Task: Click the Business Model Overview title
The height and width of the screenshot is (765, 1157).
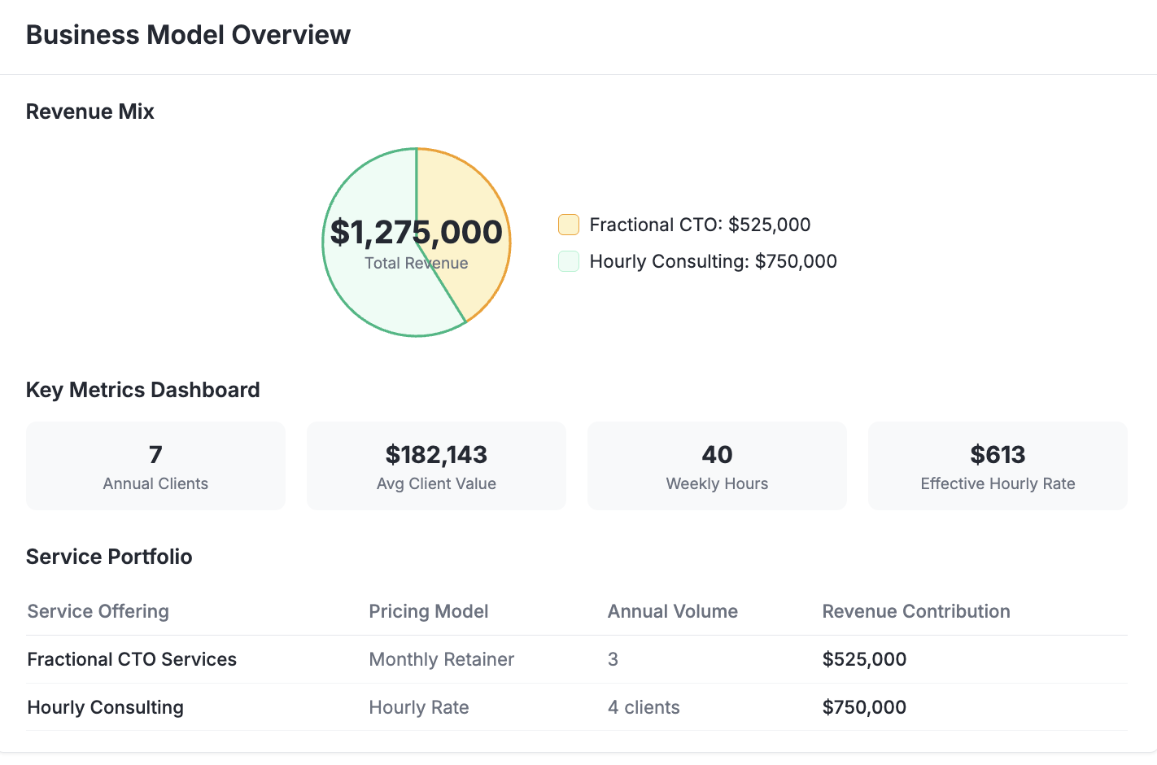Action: pos(188,35)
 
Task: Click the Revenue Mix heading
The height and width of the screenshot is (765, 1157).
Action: pos(90,111)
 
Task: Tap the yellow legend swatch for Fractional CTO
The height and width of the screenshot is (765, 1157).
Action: pos(568,225)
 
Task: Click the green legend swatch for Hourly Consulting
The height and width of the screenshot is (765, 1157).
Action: pos(568,261)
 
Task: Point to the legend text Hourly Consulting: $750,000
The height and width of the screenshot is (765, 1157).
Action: pos(713,261)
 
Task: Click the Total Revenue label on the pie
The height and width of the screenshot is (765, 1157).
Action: pos(416,263)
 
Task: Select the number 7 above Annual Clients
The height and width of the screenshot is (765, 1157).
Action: pos(155,454)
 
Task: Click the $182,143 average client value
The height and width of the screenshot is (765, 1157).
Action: pos(436,454)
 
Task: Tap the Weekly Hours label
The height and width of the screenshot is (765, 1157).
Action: pos(717,483)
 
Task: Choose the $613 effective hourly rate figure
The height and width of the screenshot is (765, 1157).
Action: pos(998,454)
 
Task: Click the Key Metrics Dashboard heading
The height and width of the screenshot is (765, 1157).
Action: pos(142,390)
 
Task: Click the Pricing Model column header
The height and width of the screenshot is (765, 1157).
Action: pos(428,611)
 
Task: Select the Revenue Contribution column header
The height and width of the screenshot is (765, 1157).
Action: pos(915,611)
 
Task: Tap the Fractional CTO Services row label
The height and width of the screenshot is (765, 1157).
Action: pos(132,659)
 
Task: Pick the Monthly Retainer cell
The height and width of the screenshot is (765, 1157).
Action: pos(441,659)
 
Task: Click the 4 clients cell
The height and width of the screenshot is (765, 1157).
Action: pos(643,707)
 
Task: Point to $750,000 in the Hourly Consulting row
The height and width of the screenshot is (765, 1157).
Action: pos(864,707)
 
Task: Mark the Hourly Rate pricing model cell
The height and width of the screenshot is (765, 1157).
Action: pos(418,707)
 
